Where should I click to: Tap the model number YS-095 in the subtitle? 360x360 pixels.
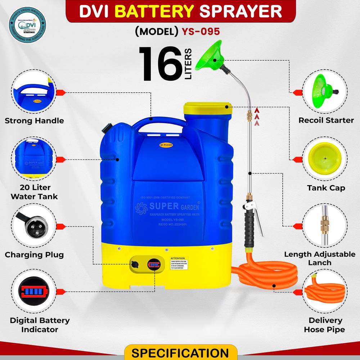pos(201,31)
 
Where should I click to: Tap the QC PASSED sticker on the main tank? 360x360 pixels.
pos(166,144)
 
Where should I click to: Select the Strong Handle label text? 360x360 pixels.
pos(34,121)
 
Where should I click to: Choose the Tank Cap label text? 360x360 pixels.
pos(326,188)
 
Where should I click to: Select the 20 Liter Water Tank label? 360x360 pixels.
pos(34,192)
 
